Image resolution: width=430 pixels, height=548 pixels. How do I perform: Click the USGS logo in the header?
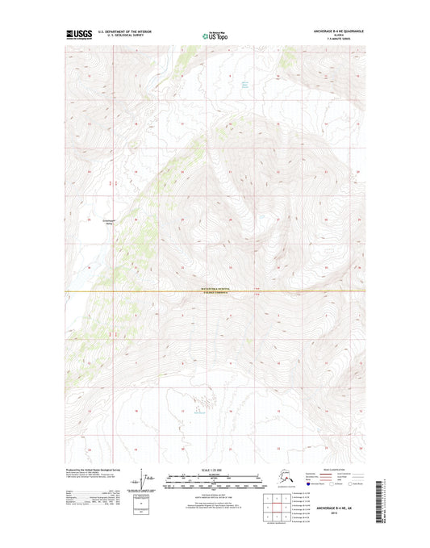(78, 35)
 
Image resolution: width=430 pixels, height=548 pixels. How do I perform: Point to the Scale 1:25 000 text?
(215, 470)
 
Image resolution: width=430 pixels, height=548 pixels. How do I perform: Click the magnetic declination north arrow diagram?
(148, 478)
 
